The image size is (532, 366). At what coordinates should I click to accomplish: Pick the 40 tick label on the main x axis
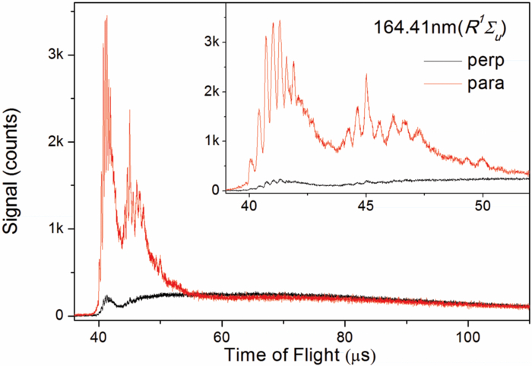coord(99,333)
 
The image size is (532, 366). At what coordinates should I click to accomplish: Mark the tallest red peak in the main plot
coord(106,17)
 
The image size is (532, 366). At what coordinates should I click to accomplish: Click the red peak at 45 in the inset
coord(366,74)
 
